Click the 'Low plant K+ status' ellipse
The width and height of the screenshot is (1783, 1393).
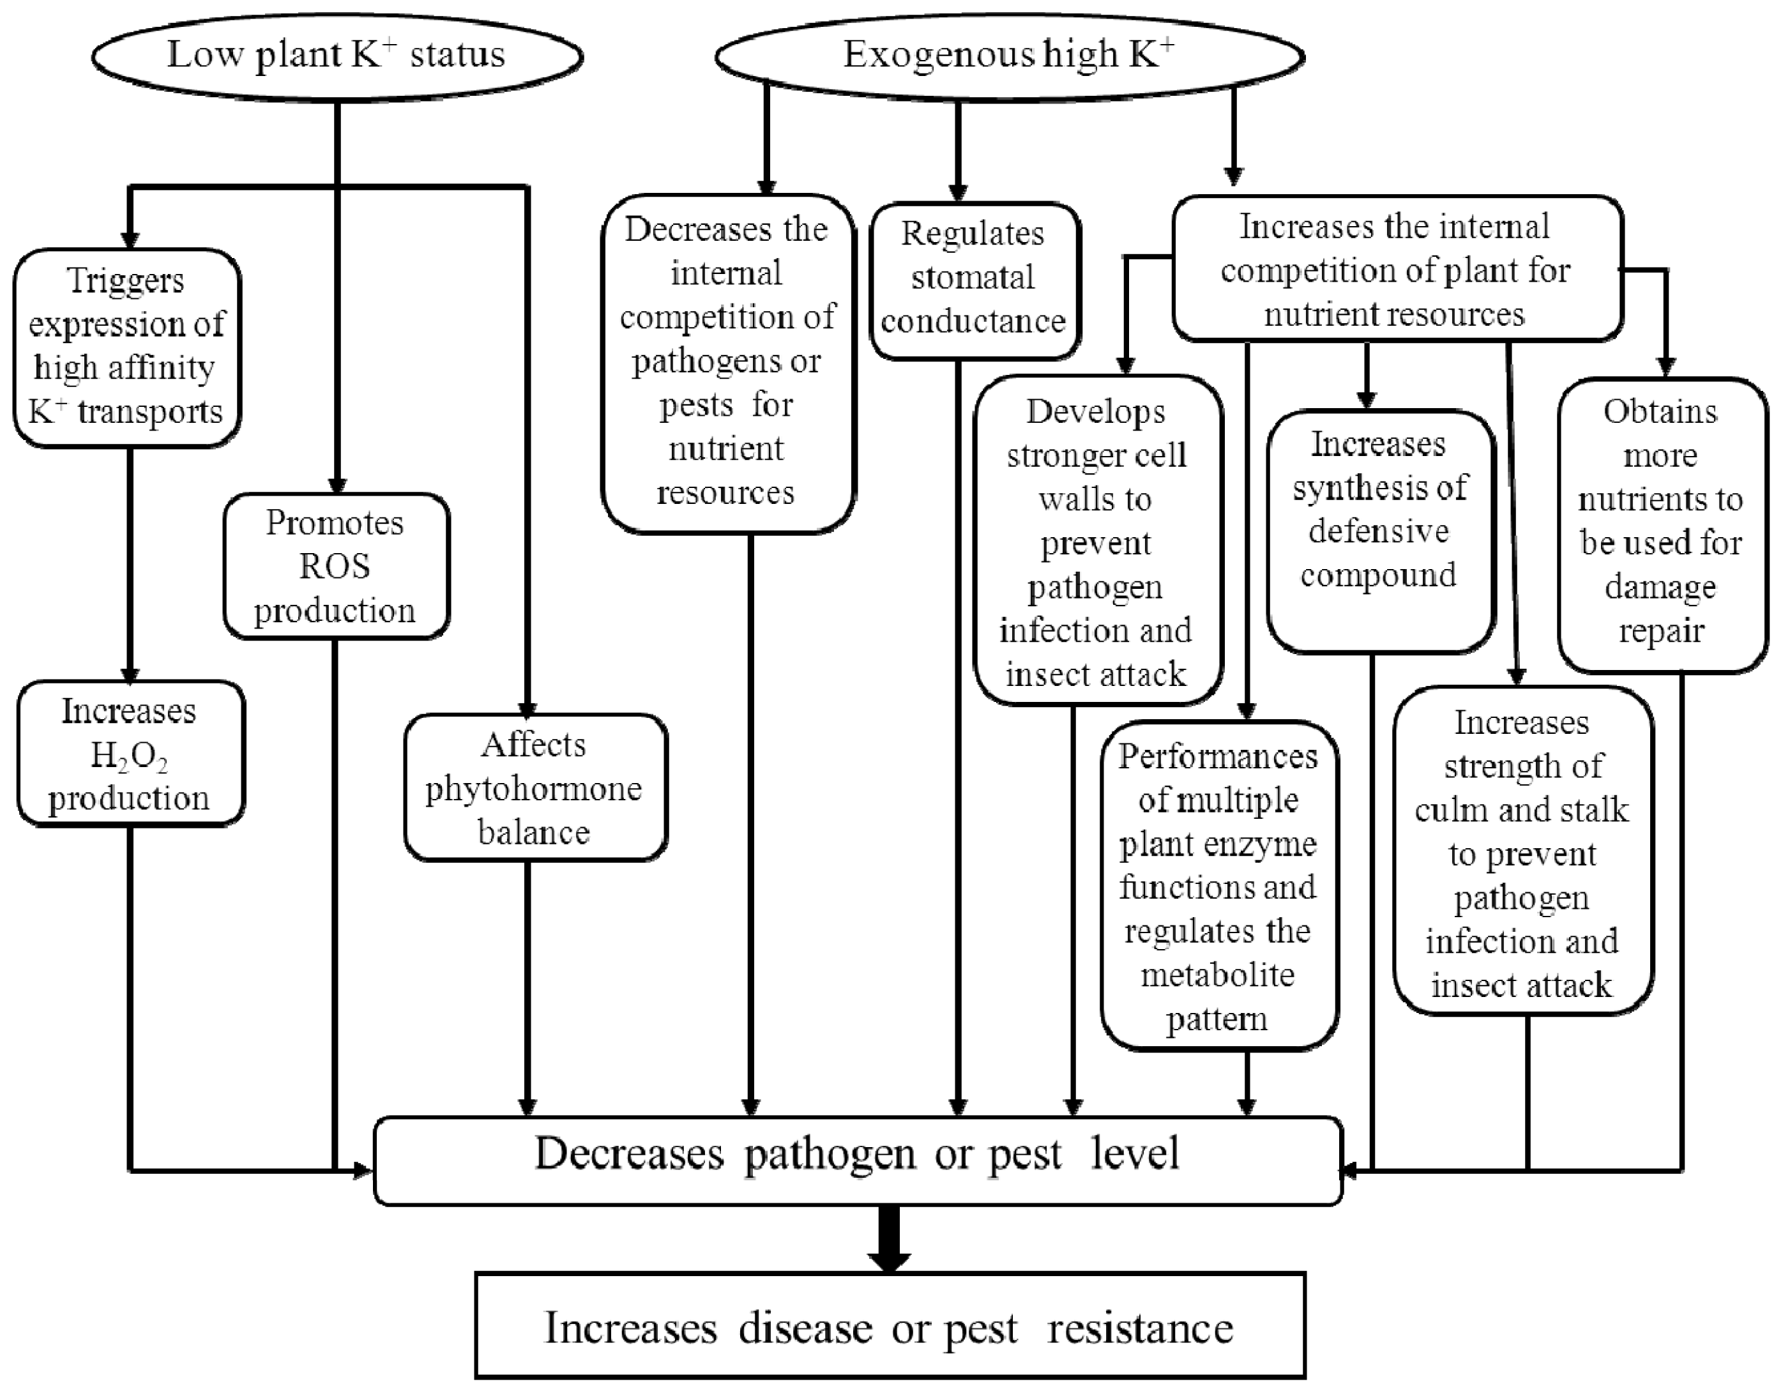(x=337, y=56)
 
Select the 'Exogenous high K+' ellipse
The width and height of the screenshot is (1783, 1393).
(x=1009, y=56)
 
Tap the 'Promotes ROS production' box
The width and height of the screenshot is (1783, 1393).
(x=335, y=566)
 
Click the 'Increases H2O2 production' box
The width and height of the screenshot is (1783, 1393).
(x=130, y=754)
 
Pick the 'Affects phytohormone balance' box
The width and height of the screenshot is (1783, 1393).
(x=535, y=788)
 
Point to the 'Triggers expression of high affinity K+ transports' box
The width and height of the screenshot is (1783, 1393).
(x=126, y=347)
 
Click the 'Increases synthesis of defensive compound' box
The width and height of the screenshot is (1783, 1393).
(x=1379, y=531)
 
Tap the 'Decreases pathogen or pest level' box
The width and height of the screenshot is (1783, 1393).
(x=857, y=1159)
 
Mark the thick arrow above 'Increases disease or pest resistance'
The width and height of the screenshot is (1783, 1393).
(x=889, y=1237)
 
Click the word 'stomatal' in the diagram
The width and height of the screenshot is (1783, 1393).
(x=973, y=278)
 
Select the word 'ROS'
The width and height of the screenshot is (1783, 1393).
(x=335, y=567)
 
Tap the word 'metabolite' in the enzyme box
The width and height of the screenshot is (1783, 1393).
(x=1217, y=975)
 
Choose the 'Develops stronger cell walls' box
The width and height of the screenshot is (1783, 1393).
(x=1096, y=540)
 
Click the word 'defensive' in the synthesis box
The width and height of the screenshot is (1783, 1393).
(x=1379, y=531)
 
